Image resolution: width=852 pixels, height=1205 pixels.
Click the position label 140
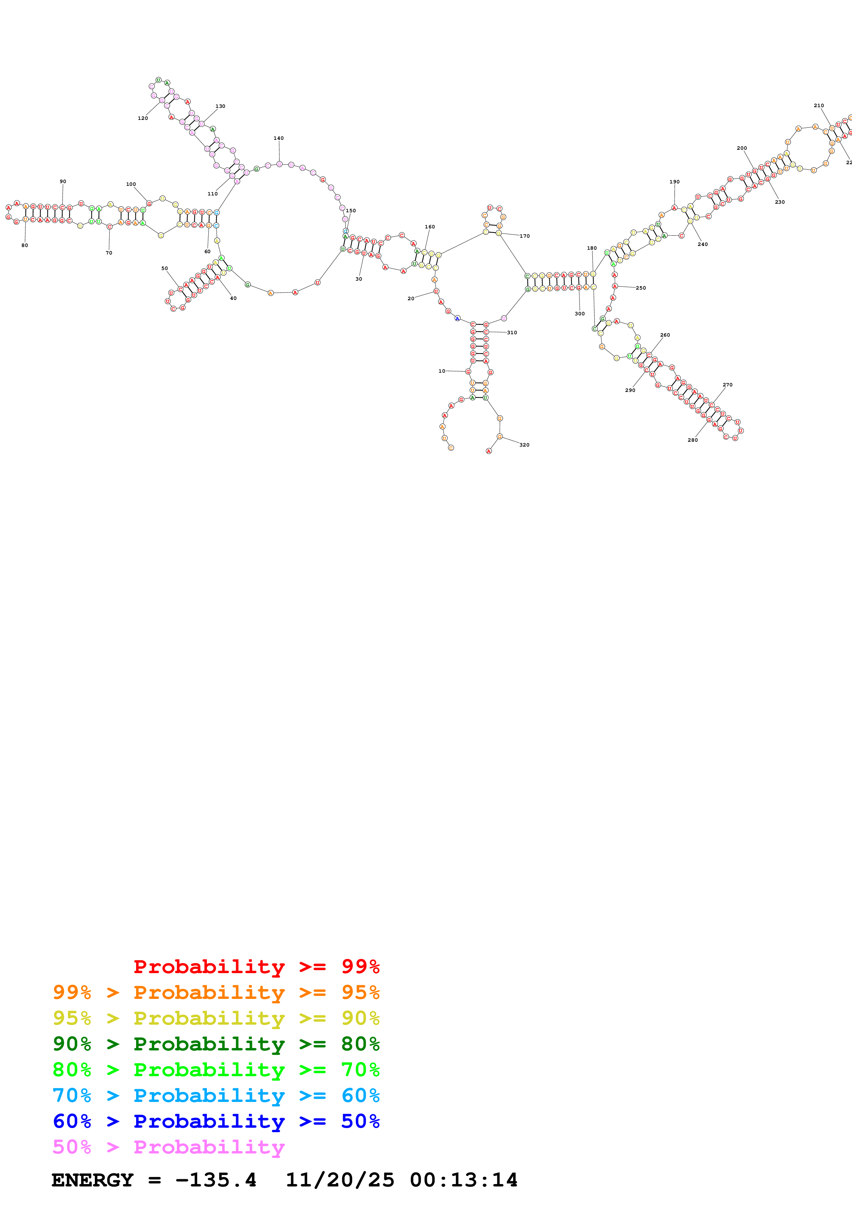(278, 138)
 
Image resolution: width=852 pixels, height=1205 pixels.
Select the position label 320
(524, 445)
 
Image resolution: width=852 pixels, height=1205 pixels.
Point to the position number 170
(525, 236)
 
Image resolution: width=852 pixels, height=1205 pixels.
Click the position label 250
(641, 288)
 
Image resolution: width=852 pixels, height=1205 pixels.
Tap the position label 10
(442, 371)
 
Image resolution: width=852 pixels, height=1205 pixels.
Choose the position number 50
(165, 269)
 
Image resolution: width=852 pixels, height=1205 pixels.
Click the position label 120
(143, 119)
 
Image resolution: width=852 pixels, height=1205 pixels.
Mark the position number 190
(675, 182)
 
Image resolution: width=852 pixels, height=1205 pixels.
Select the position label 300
(579, 314)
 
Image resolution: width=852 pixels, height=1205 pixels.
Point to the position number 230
(780, 202)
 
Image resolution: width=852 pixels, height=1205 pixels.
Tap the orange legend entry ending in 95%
(216, 992)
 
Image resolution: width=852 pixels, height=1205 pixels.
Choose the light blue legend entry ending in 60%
(216, 1095)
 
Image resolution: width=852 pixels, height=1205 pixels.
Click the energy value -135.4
(216, 1180)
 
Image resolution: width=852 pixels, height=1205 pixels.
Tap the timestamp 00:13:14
(464, 1180)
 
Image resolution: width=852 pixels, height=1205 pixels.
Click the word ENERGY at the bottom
(92, 1180)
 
